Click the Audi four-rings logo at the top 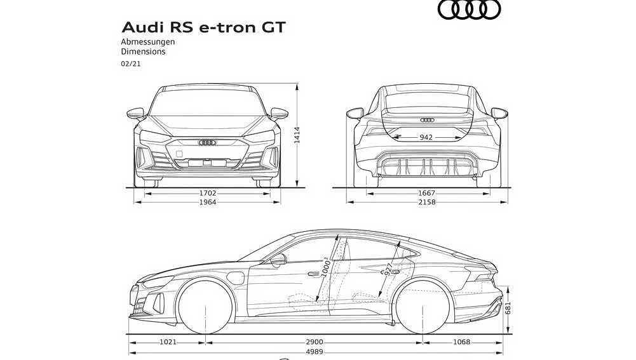click(x=470, y=10)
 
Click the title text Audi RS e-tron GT click(x=203, y=27)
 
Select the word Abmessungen click(x=148, y=42)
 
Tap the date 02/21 click(x=131, y=64)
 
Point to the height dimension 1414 click(x=297, y=136)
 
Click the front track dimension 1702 click(x=207, y=193)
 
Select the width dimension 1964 click(x=207, y=203)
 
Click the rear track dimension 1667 click(x=426, y=193)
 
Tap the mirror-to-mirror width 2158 click(x=426, y=203)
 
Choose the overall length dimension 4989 click(x=314, y=352)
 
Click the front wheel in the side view click(x=203, y=307)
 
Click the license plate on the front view click(x=207, y=163)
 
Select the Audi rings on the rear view click(x=427, y=120)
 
